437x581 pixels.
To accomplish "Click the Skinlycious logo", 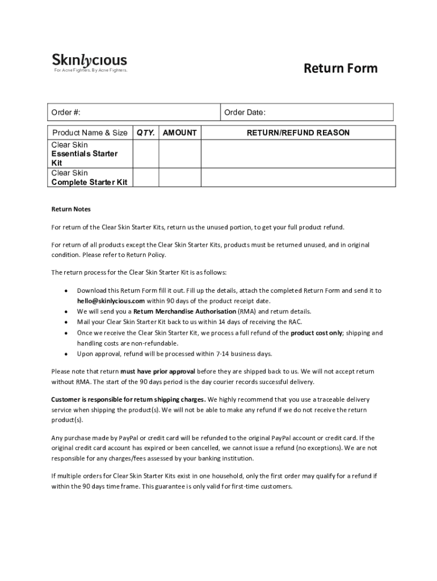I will (x=90, y=60).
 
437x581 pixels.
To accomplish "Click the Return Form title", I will (x=341, y=69).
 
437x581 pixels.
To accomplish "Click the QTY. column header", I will (x=145, y=133).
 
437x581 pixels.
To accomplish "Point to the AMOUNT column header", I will (x=180, y=133).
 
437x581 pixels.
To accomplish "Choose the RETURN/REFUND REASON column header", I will (x=298, y=133).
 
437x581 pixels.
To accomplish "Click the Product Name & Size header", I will (x=90, y=133).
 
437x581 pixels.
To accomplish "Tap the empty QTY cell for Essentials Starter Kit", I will (x=145, y=154).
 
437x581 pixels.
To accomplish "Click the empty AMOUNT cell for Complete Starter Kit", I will (x=180, y=177).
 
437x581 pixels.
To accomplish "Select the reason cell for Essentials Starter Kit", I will (x=298, y=154).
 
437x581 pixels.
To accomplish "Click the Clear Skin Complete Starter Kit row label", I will (x=90, y=178).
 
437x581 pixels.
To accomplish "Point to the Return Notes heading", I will (x=71, y=209).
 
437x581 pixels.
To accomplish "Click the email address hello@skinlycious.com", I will (x=111, y=301).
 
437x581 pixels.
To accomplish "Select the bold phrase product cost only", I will (x=317, y=333).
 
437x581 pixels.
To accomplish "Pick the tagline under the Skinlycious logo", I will (x=90, y=70).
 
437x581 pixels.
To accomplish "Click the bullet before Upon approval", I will (x=66, y=354).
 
